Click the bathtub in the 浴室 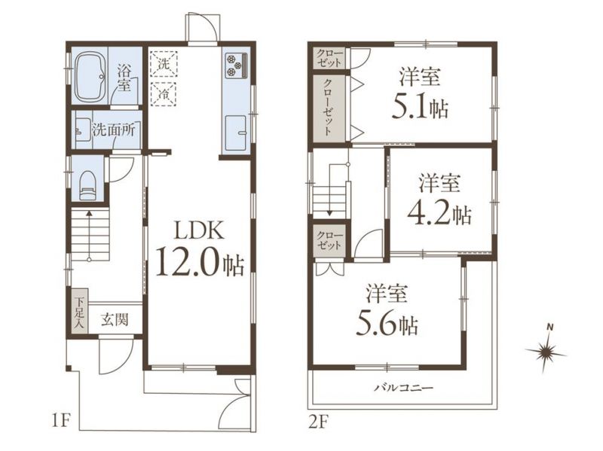pyautogui.click(x=90, y=78)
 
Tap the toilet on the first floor pyautogui.click(x=87, y=185)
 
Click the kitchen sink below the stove pyautogui.click(x=236, y=133)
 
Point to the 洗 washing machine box pyautogui.click(x=164, y=64)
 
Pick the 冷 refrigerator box pyautogui.click(x=164, y=93)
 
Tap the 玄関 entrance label pyautogui.click(x=115, y=319)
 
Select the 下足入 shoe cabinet pyautogui.click(x=80, y=312)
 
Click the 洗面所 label pyautogui.click(x=114, y=130)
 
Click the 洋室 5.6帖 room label pyautogui.click(x=387, y=309)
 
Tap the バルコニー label pyautogui.click(x=404, y=388)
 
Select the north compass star pyautogui.click(x=546, y=350)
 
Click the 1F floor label pyautogui.click(x=60, y=422)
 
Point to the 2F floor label pyautogui.click(x=317, y=422)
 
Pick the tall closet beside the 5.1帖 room pyautogui.click(x=329, y=108)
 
